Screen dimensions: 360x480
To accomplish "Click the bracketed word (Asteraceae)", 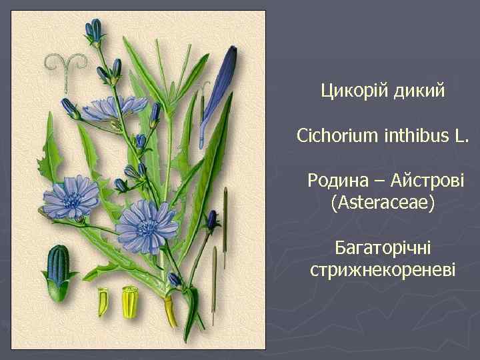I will click(382, 203).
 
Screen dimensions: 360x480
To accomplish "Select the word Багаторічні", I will click(383, 249).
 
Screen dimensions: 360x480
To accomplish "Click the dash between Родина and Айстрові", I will click(378, 181).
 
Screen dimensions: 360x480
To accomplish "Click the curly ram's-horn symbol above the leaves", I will click(66, 65).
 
